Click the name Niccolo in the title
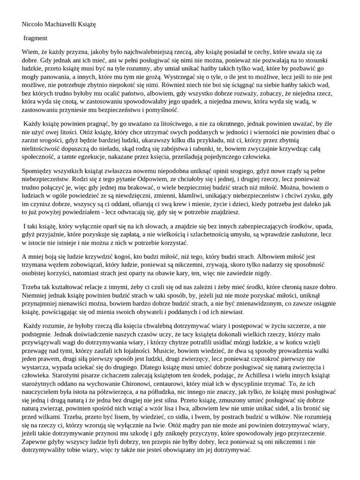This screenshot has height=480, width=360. pos(34,23)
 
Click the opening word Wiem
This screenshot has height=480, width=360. pos(30,52)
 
